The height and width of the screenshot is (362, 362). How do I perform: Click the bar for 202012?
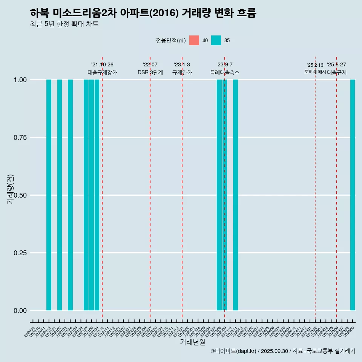49,195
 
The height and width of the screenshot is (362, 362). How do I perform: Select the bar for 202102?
60,195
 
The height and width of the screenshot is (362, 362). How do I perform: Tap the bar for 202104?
70,195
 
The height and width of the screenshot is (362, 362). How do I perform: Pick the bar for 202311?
235,195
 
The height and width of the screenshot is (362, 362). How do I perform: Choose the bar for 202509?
353,195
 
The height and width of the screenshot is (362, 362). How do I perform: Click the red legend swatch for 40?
194,40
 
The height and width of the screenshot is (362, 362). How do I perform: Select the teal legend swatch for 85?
216,40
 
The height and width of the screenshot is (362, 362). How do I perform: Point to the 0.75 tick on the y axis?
19,138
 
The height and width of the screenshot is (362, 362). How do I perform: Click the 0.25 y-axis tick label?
19,253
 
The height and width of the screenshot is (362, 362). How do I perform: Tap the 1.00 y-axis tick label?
19,80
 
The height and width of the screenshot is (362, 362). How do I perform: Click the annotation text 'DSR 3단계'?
150,72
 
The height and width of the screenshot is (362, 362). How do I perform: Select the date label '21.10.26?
102,65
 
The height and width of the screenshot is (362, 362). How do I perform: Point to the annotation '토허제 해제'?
315,72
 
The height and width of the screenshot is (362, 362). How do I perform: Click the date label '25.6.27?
336,65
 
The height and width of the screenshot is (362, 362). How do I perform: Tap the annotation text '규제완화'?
182,72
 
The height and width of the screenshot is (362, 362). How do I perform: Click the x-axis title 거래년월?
192,342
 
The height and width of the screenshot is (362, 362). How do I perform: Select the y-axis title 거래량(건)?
11,189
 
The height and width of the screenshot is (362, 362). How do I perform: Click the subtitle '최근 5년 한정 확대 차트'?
64,24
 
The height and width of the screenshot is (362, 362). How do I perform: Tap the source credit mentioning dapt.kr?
283,351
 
